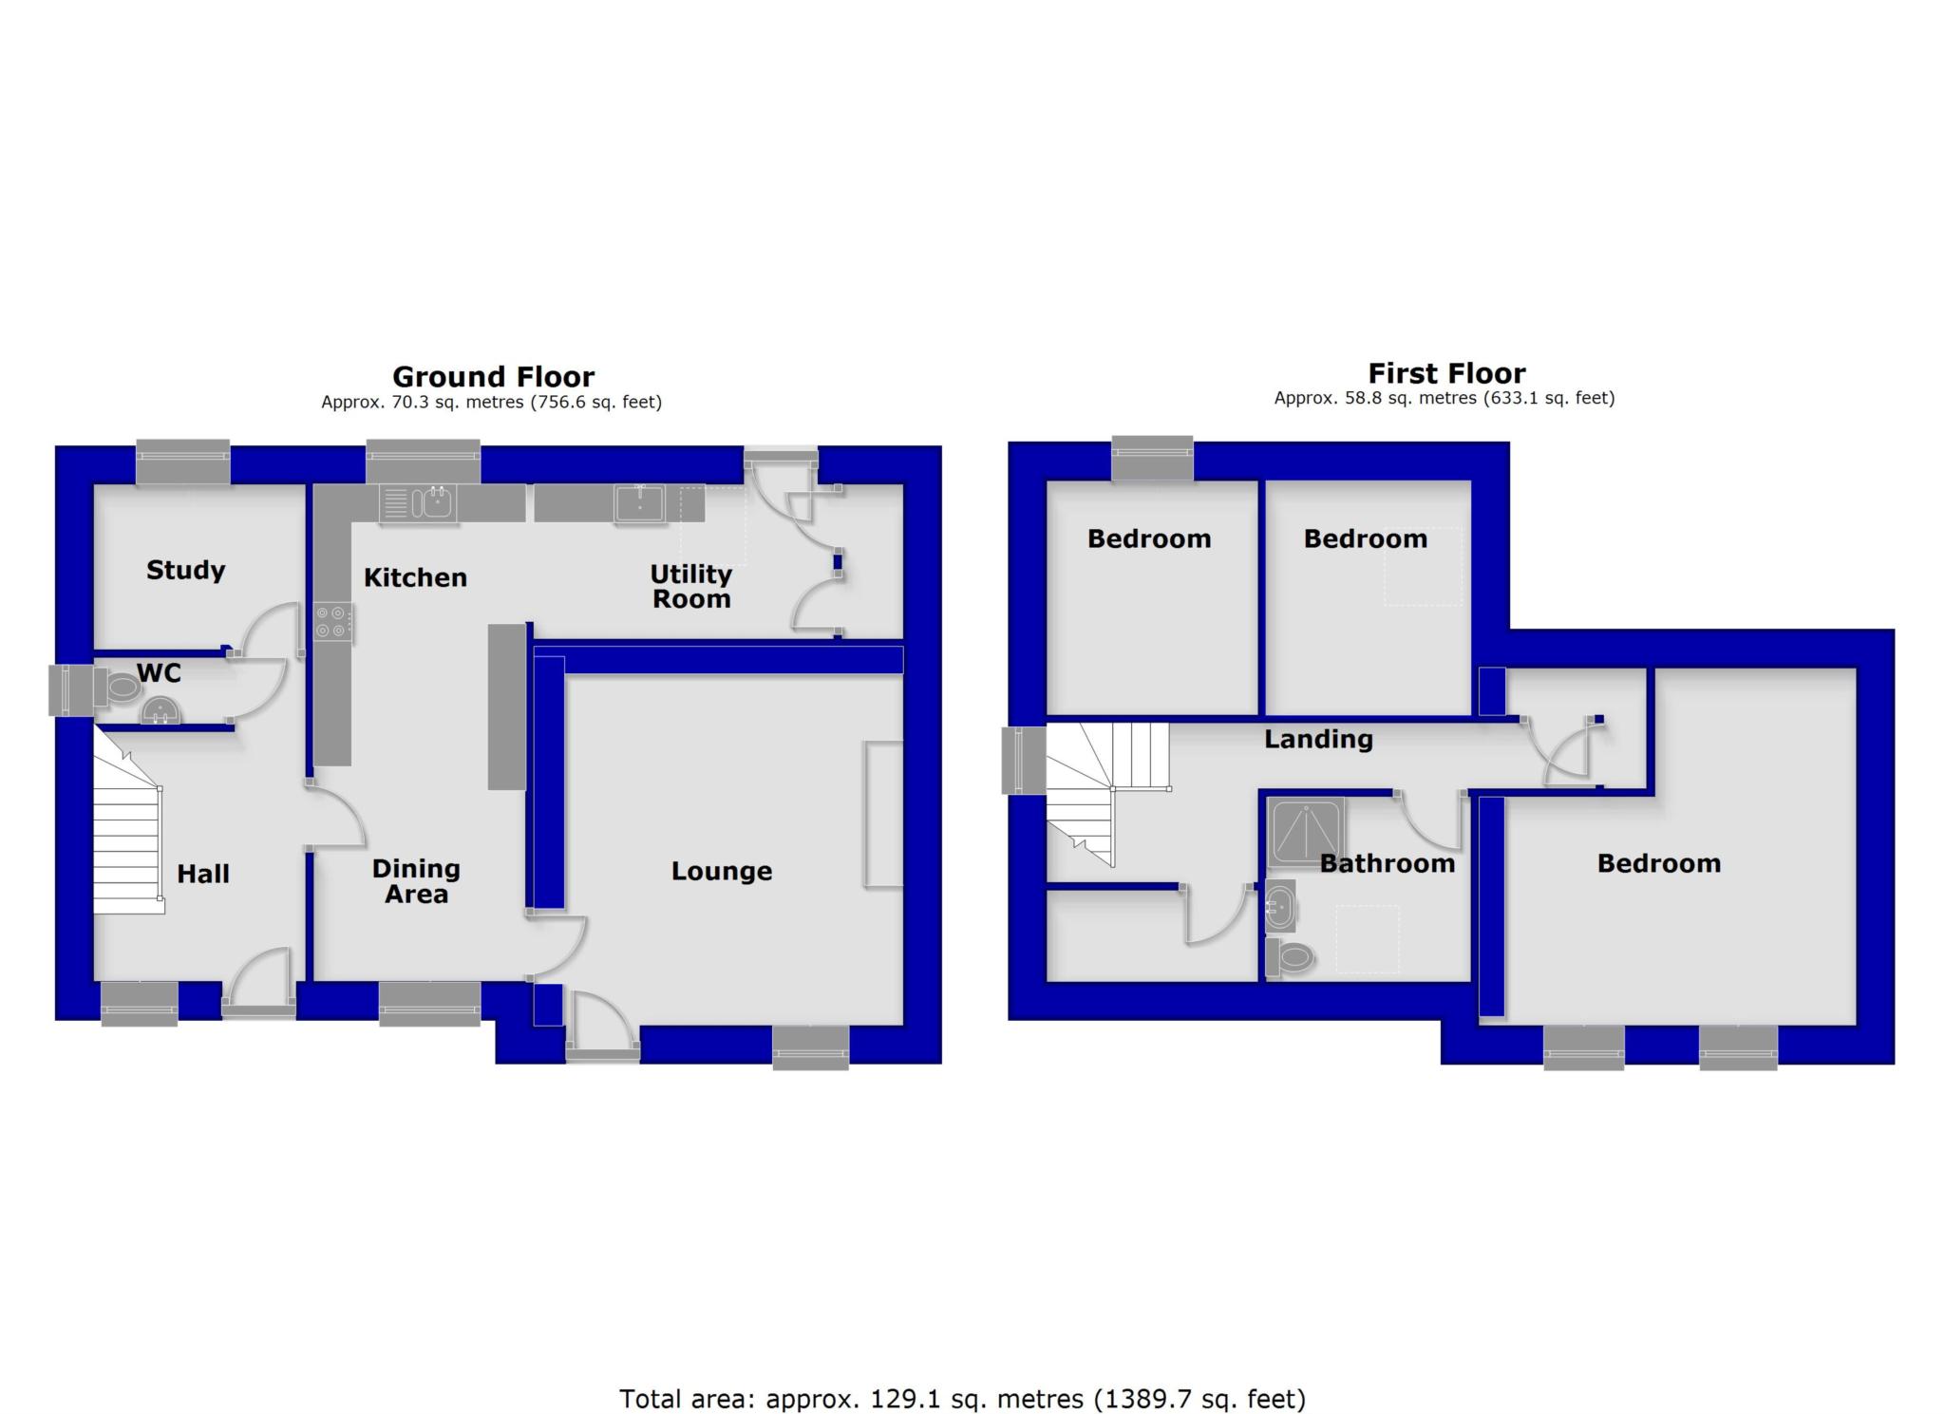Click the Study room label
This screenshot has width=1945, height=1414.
pyautogui.click(x=185, y=570)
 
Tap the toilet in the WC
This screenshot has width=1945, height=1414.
pyautogui.click(x=122, y=687)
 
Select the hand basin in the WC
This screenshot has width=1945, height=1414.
pyautogui.click(x=160, y=710)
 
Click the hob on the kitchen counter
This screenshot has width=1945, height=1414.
pyautogui.click(x=333, y=623)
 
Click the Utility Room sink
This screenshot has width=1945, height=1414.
pyautogui.click(x=639, y=502)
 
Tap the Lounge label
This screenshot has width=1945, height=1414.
pyautogui.click(x=721, y=871)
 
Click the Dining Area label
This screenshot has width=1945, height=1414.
pyautogui.click(x=416, y=881)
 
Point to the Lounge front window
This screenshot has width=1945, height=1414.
pyautogui.click(x=810, y=1047)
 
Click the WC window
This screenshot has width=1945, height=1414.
pyautogui.click(x=71, y=689)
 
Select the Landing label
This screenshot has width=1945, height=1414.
pyautogui.click(x=1318, y=739)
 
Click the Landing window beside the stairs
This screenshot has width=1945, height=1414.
pyautogui.click(x=1024, y=760)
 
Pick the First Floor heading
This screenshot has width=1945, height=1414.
pyautogui.click(x=1445, y=373)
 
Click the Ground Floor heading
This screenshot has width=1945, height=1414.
pyautogui.click(x=493, y=377)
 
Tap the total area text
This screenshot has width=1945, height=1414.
pyautogui.click(x=962, y=1399)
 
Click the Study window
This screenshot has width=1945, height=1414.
pyautogui.click(x=183, y=462)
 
